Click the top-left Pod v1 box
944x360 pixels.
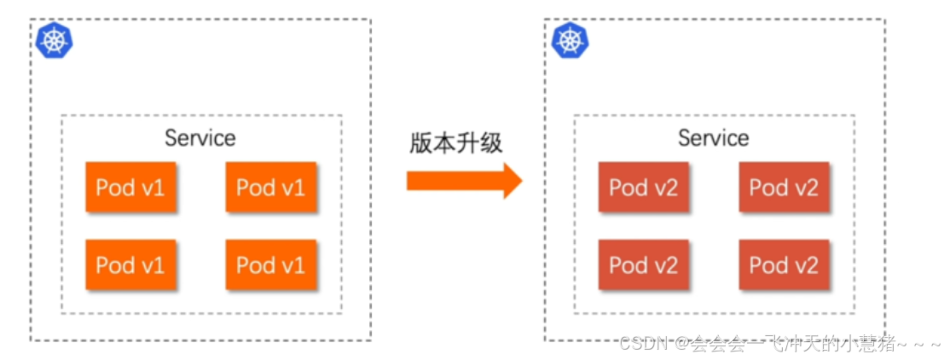click(130, 187)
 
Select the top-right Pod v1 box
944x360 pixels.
click(270, 187)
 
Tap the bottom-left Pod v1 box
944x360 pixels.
click(130, 264)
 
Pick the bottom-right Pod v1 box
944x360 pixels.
click(270, 264)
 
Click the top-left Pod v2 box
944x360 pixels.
click(643, 187)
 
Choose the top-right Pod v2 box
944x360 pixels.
click(784, 187)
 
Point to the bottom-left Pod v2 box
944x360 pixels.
click(643, 264)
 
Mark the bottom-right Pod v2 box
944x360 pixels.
click(784, 264)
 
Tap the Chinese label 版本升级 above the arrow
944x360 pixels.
click(455, 142)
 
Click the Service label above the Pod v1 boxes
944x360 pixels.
click(200, 137)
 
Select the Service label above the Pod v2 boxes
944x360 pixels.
click(714, 137)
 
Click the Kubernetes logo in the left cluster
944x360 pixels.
click(55, 40)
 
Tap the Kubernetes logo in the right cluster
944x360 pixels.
click(569, 40)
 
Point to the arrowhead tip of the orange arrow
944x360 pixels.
click(520, 180)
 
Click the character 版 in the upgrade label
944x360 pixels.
click(420, 142)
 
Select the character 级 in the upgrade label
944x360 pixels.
click(491, 142)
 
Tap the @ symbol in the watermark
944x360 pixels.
click(681, 344)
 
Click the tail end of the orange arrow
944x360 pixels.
click(409, 180)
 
